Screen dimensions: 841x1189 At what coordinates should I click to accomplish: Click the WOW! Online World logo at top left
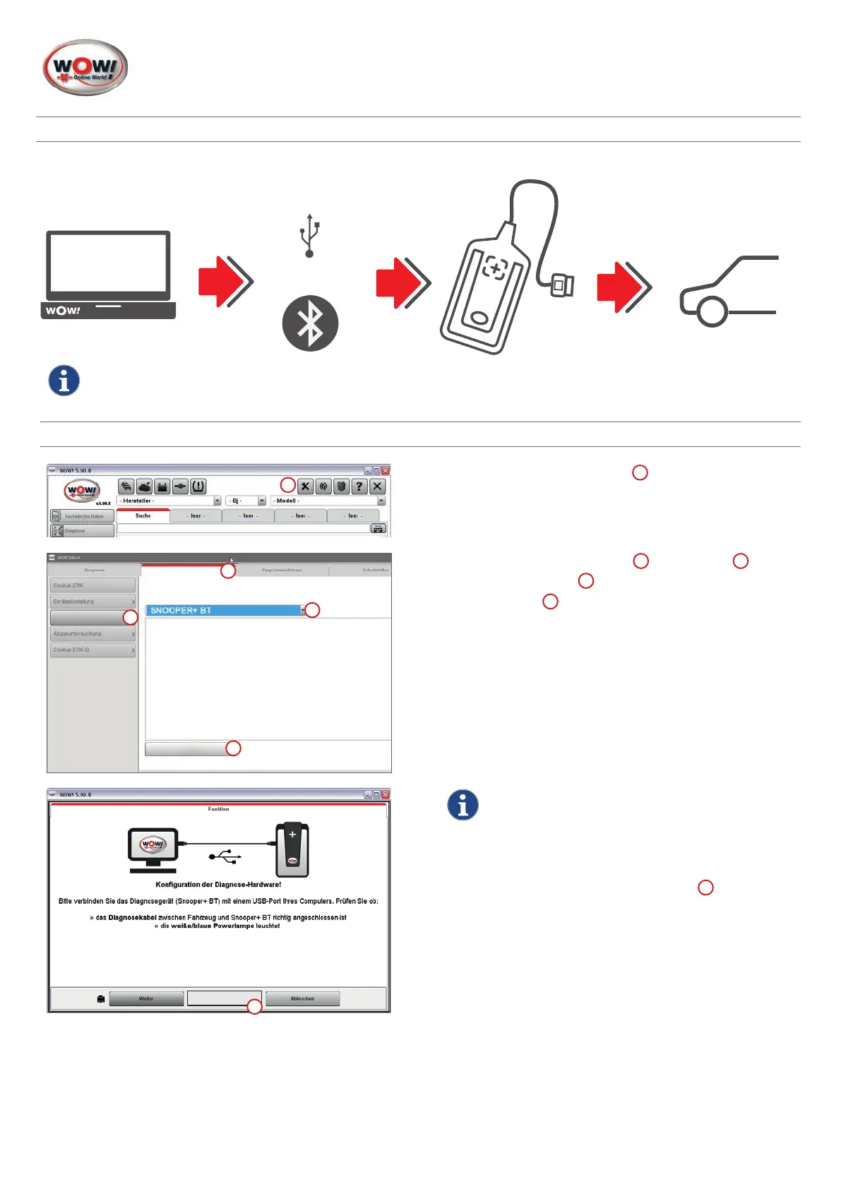click(x=85, y=68)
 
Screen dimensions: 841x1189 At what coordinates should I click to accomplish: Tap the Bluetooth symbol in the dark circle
click(x=310, y=323)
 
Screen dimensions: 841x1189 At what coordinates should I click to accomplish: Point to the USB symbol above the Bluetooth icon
click(x=309, y=235)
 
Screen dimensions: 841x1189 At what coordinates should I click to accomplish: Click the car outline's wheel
click(x=712, y=311)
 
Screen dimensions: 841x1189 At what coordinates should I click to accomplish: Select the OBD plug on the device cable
click(x=563, y=285)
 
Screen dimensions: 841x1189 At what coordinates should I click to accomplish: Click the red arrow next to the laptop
click(x=225, y=282)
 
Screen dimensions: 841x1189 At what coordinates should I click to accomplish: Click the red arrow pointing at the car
click(x=624, y=287)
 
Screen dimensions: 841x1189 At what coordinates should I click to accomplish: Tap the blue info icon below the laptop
click(x=64, y=381)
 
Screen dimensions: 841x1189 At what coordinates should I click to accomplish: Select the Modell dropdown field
click(x=328, y=501)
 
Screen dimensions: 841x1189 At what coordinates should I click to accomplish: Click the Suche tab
click(x=143, y=516)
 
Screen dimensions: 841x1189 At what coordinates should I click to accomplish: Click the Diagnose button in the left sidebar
click(x=82, y=530)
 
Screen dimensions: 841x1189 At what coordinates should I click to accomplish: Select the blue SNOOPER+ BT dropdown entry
click(x=225, y=610)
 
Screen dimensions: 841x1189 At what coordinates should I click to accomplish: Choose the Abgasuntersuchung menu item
click(x=93, y=634)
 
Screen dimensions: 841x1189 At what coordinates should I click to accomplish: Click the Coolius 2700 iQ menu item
click(x=93, y=650)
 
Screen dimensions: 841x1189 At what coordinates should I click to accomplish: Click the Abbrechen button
click(x=302, y=998)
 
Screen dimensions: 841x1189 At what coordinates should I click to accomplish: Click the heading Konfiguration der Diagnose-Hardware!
click(x=218, y=884)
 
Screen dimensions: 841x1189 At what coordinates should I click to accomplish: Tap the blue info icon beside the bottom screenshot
click(x=463, y=805)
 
